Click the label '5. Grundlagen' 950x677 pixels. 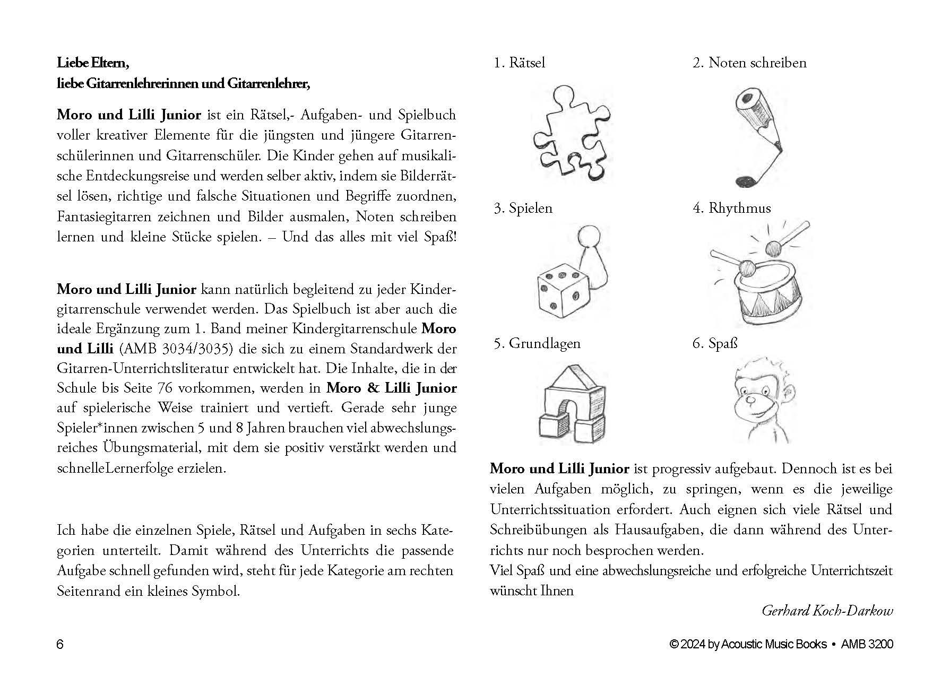(537, 343)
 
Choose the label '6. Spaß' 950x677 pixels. (715, 343)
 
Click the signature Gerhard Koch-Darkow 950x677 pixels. (827, 611)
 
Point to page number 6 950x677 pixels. (60, 645)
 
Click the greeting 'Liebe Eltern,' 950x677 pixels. (93, 63)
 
